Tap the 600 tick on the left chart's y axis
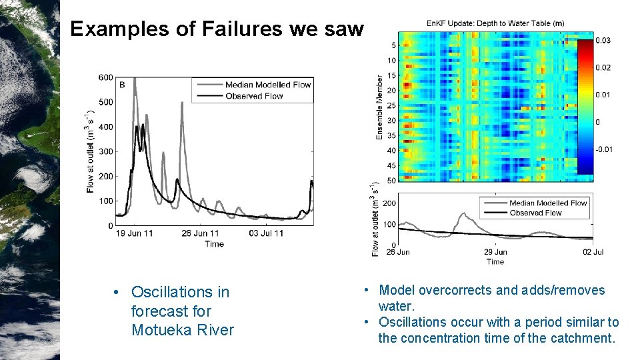click(x=105, y=77)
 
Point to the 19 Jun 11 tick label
click(x=134, y=234)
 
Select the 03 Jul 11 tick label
click(x=266, y=234)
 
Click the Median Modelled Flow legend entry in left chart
click(x=268, y=85)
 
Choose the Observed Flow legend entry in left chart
click(x=254, y=95)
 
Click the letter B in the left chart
click(x=121, y=85)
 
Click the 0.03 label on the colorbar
click(x=603, y=41)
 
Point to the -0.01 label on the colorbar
click(x=603, y=149)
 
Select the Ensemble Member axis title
click(x=380, y=107)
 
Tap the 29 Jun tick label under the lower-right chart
click(x=495, y=252)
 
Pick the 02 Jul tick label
click(x=593, y=252)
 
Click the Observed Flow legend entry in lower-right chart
click(x=535, y=213)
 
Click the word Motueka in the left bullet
click(x=161, y=330)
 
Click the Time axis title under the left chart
click(x=214, y=244)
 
